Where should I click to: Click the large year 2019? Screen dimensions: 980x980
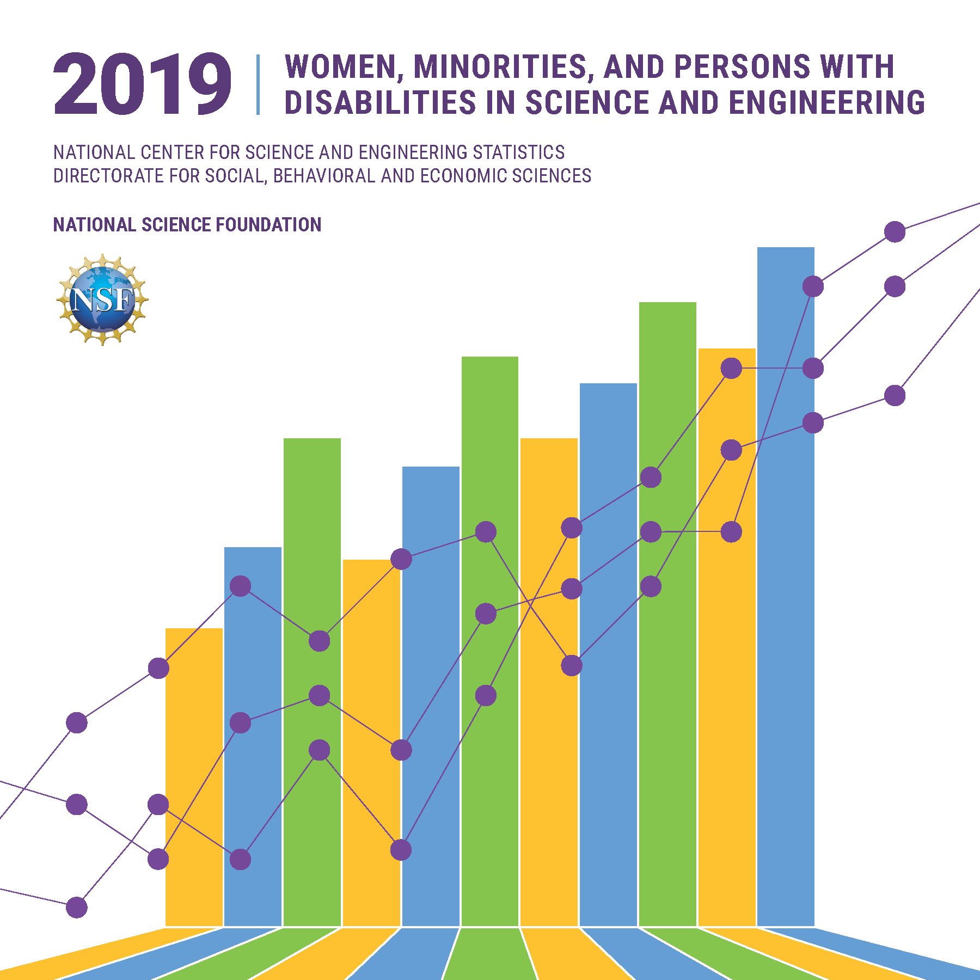coord(143,84)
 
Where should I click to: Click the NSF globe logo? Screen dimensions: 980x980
coord(102,299)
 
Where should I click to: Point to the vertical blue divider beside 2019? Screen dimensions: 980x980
coord(258,84)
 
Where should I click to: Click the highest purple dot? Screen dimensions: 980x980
coord(895,232)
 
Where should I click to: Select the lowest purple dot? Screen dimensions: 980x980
coord(77,908)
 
